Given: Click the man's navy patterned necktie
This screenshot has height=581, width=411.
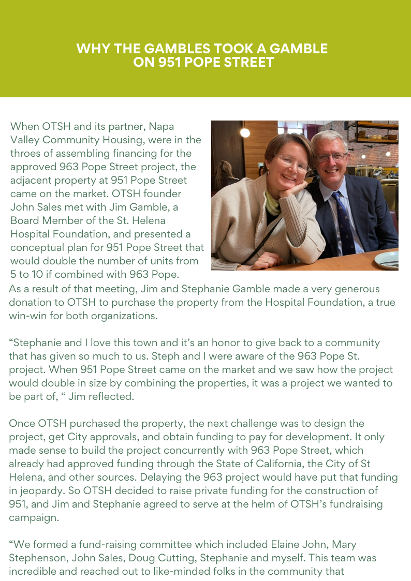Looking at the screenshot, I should (343, 217).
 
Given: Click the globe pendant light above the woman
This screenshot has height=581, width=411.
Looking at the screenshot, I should (246, 132).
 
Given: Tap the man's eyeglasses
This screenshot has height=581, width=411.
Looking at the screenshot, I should (330, 156).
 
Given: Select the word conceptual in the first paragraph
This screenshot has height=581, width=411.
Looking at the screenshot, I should (35, 247).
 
